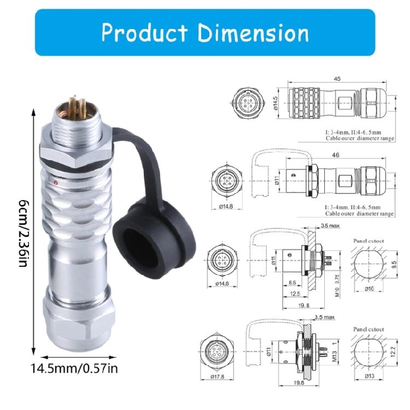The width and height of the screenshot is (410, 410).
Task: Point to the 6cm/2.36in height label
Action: [23, 230]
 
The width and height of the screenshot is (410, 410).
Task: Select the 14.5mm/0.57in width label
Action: [74, 368]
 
